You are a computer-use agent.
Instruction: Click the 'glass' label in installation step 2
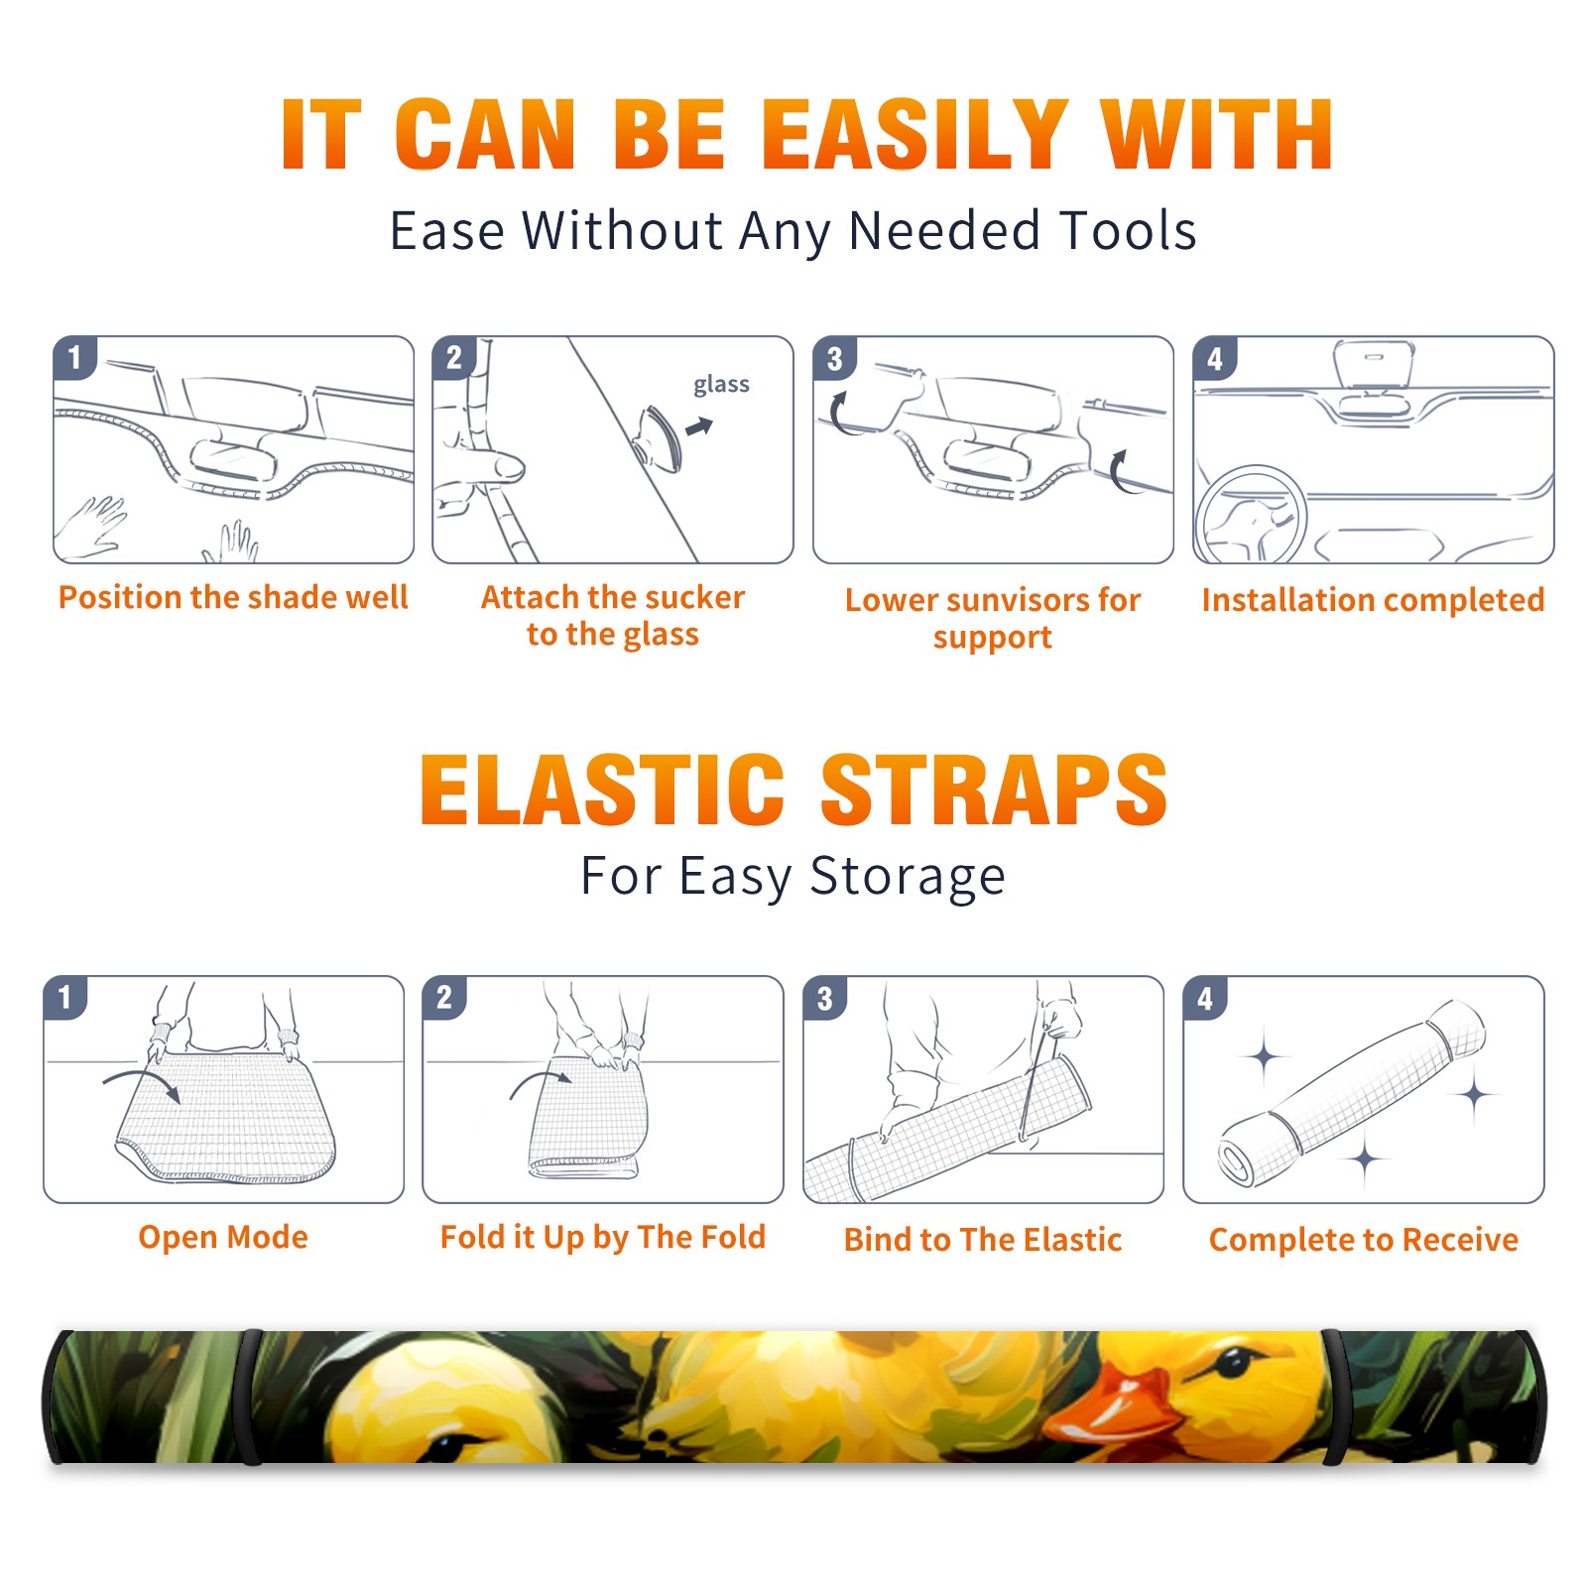[x=721, y=385]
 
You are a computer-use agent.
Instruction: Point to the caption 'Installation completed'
[x=1373, y=599]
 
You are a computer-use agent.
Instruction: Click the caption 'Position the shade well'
[x=233, y=597]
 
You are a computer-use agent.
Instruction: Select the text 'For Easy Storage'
[x=793, y=876]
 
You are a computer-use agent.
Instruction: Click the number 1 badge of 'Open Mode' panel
[x=65, y=997]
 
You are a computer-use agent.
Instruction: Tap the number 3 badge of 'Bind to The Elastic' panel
[x=824, y=998]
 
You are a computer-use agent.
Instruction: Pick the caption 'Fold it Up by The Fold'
[x=603, y=1237]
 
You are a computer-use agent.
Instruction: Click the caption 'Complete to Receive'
[x=1364, y=1239]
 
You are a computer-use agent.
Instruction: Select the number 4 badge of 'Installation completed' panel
[x=1215, y=358]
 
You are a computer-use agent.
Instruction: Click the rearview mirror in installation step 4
[x=1374, y=363]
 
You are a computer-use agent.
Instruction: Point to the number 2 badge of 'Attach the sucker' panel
[x=454, y=358]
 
